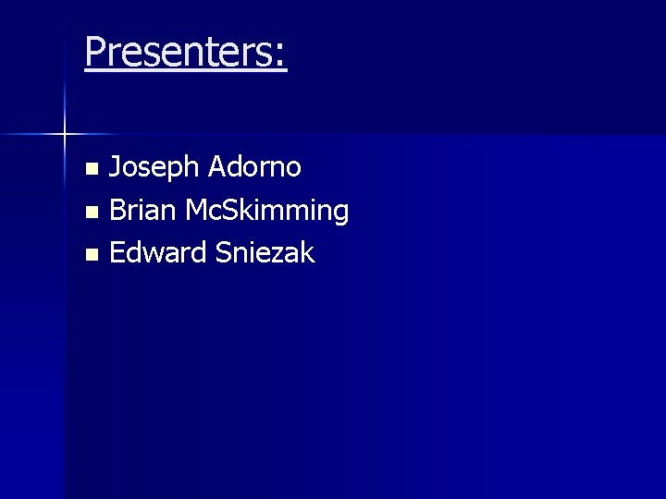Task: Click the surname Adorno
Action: pos(255,167)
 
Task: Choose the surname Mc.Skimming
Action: pos(266,211)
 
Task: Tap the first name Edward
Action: pos(158,252)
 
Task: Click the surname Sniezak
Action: pos(265,252)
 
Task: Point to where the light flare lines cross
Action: pos(65,135)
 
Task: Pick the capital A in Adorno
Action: pos(219,167)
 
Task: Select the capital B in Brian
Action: pos(117,211)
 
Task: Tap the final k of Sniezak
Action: pos(307,252)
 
